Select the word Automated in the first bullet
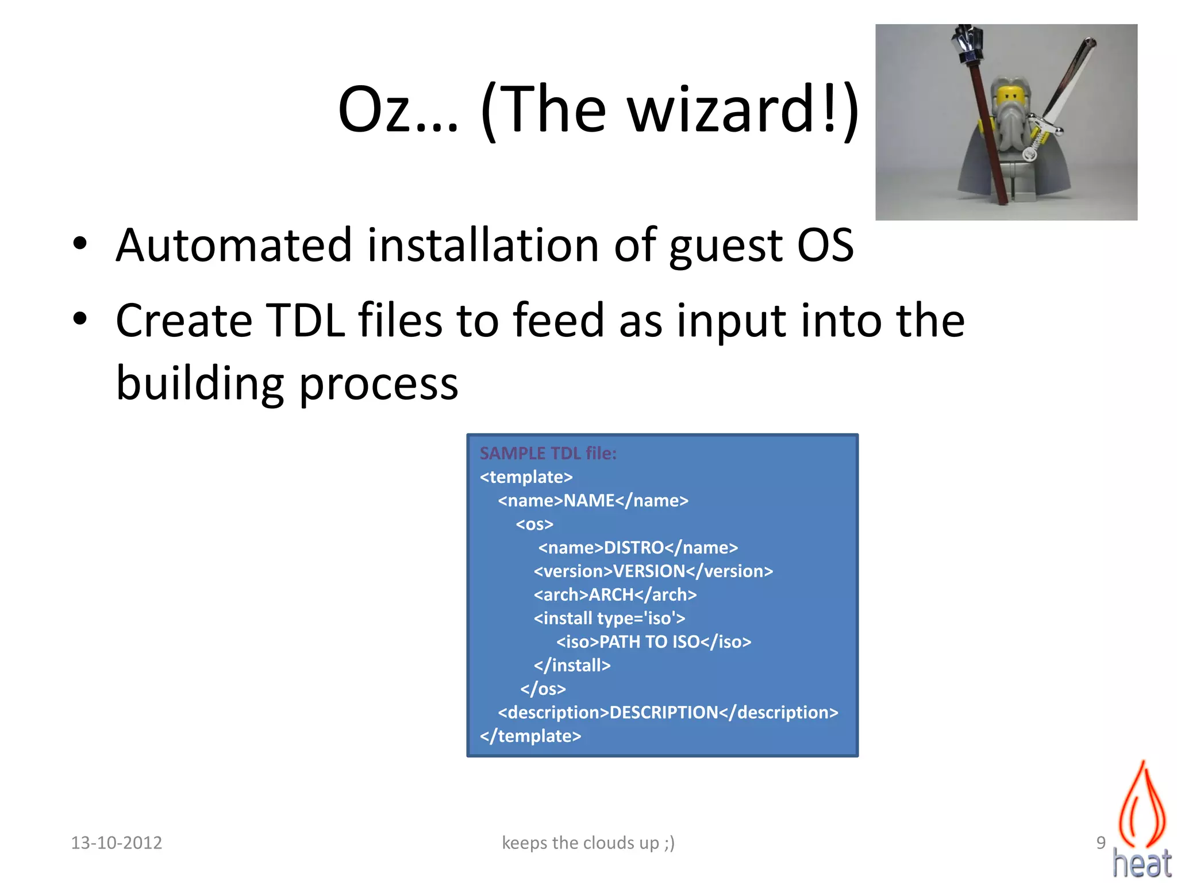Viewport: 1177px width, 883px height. coord(233,245)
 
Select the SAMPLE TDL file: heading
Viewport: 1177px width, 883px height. coord(548,453)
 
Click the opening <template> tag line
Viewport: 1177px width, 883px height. coord(526,477)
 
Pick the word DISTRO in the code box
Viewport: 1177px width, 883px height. coord(634,547)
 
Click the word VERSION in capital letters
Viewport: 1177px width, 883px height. coord(649,571)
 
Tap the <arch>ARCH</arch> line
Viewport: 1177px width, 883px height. coord(615,594)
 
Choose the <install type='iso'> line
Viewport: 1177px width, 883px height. coord(609,618)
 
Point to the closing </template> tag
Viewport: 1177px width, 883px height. coord(530,736)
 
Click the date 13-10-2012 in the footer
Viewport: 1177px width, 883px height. coord(117,843)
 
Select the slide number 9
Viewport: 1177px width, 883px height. coord(1101,843)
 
